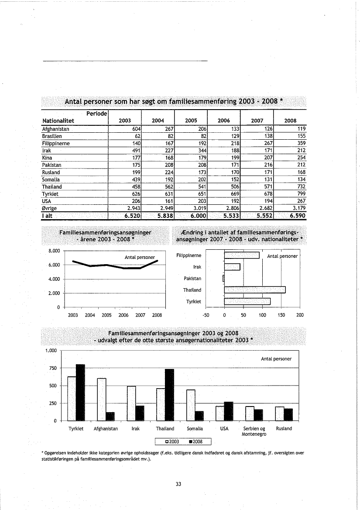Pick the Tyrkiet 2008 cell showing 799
point(301,193)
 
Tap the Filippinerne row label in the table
point(55,143)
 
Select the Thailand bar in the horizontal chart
point(254,289)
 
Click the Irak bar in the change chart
point(232,267)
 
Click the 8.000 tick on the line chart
point(57,251)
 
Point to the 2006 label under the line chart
point(123,315)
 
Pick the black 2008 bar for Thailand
point(169,394)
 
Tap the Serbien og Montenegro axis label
point(254,431)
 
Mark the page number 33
point(178,484)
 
